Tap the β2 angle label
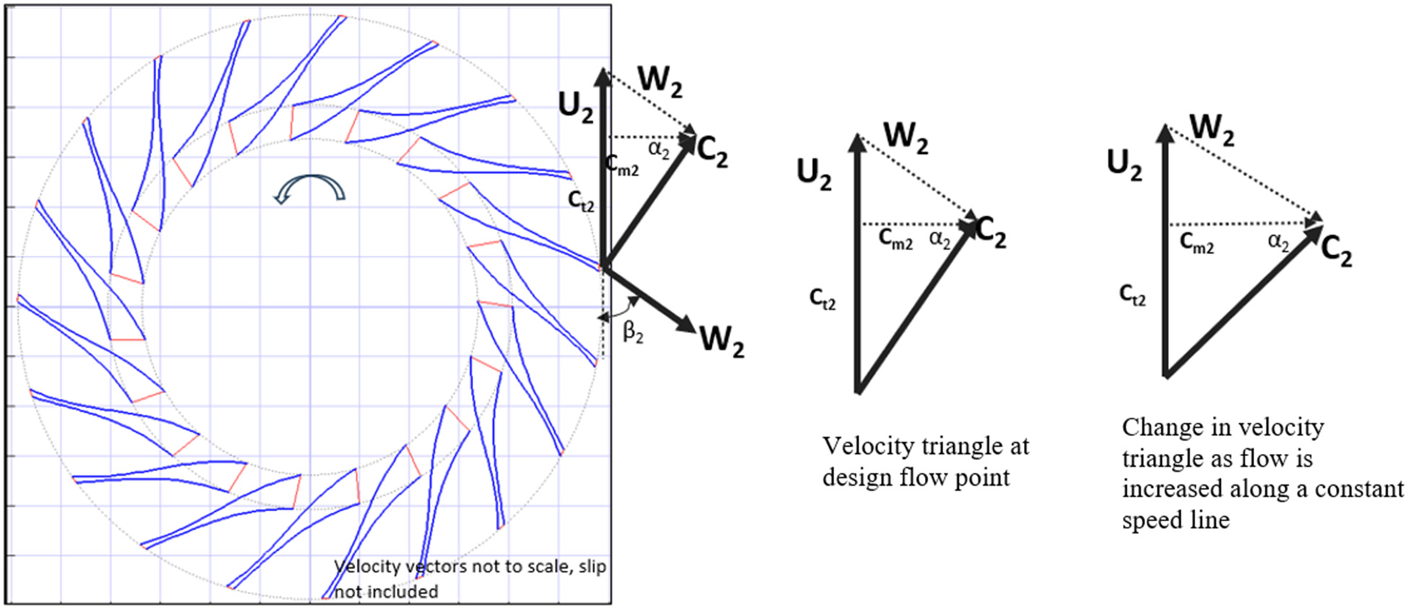pos(633,332)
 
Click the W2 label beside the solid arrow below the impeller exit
pos(721,340)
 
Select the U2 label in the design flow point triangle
pos(814,174)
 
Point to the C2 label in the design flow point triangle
pos(991,233)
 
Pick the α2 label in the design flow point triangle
pos(940,239)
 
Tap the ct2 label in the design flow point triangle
pos(822,298)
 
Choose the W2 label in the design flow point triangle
pos(905,137)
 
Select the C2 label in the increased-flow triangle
pos(1337,252)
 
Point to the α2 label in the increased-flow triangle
pos(1278,242)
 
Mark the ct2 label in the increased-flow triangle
pos(1132,294)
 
